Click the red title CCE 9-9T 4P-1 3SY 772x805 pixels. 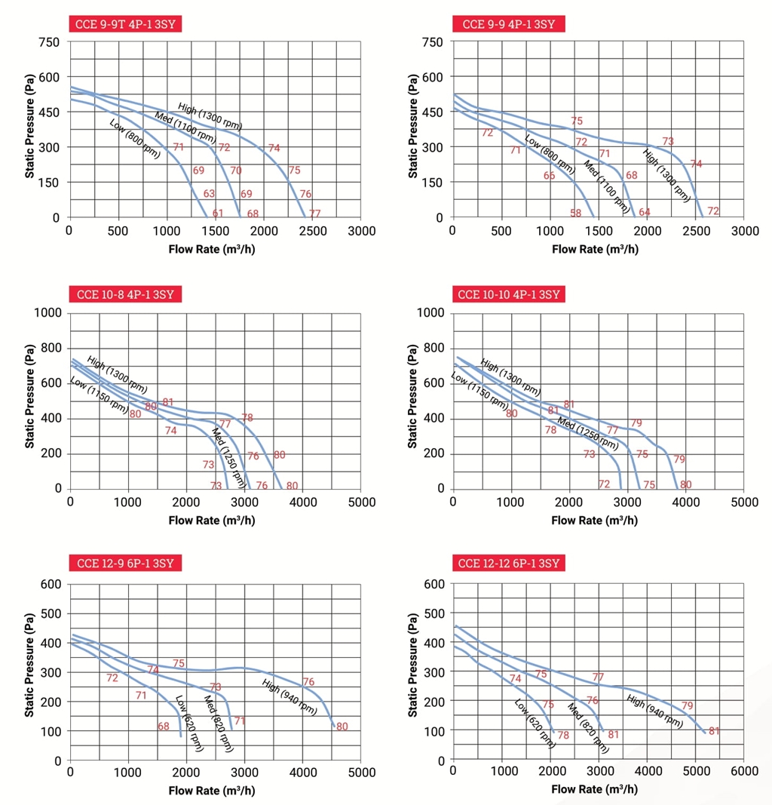point(126,23)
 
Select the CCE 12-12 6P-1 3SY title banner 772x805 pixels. point(509,563)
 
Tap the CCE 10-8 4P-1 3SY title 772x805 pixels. point(126,293)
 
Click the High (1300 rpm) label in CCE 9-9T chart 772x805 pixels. point(210,116)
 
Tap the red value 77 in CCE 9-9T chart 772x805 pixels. point(314,214)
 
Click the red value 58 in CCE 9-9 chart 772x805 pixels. point(576,214)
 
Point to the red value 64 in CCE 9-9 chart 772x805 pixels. point(645,212)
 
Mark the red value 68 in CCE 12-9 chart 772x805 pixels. point(164,727)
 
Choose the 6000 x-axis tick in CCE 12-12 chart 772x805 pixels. point(744,771)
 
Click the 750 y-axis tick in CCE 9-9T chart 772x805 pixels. point(49,42)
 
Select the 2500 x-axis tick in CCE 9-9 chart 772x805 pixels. point(696,231)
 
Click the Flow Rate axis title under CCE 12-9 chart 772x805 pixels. point(212,790)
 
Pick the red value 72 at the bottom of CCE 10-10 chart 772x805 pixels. point(604,484)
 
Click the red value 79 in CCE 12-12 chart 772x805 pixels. point(687,706)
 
